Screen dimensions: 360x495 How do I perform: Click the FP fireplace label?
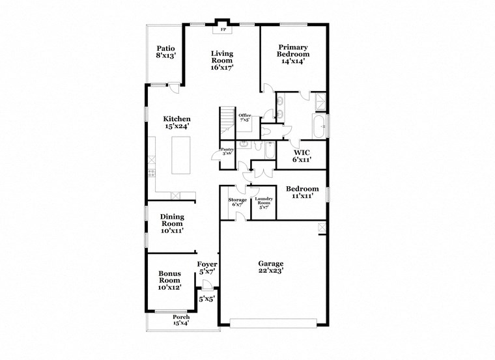click(223, 29)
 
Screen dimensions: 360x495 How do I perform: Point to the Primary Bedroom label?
click(293, 51)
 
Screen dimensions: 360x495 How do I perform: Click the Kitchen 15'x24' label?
click(177, 122)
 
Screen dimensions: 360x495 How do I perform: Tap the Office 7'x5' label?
click(245, 118)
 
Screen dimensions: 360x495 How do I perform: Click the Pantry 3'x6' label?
click(227, 151)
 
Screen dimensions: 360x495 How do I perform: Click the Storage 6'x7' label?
click(237, 202)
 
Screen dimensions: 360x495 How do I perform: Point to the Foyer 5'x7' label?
click(207, 268)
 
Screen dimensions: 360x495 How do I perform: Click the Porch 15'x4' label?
click(181, 320)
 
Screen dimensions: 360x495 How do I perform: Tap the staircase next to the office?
click(226, 120)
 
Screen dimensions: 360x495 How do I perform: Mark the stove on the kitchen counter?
click(152, 174)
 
